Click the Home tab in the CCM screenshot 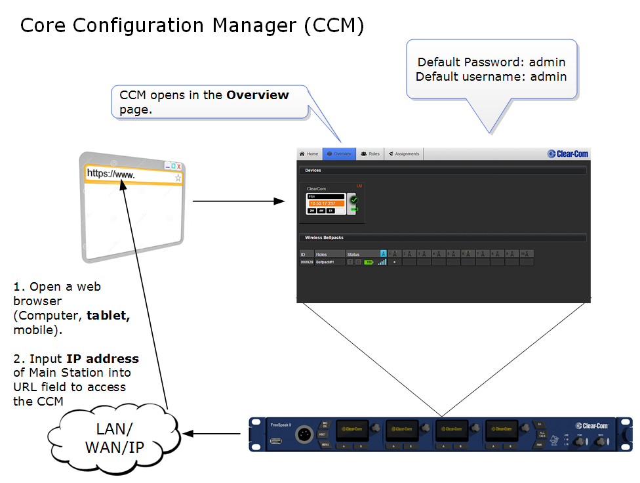tap(309, 154)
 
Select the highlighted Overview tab tap(339, 154)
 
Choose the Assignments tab tap(404, 154)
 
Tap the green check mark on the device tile tap(355, 199)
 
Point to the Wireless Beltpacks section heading tap(324, 238)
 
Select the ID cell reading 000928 tap(307, 262)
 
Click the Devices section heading tap(313, 171)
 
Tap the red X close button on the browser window tap(178, 166)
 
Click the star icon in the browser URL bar tap(178, 177)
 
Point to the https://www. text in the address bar tap(111, 175)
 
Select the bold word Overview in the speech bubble tap(258, 95)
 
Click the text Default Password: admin tap(491, 62)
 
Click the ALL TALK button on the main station tap(540, 435)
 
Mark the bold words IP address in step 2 tap(102, 359)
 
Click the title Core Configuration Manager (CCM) tap(192, 26)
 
